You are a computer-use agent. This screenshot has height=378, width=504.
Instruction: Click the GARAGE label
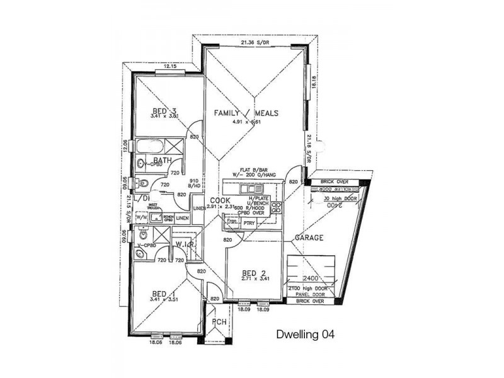pos(309,238)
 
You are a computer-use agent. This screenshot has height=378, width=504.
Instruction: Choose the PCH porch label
pos(218,322)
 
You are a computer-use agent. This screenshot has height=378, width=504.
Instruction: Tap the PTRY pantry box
pos(257,222)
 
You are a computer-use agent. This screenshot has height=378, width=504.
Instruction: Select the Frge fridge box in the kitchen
pos(232,222)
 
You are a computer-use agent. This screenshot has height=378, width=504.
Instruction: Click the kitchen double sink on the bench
pos(255,188)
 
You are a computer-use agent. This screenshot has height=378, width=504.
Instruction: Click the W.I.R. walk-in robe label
pos(183,244)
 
